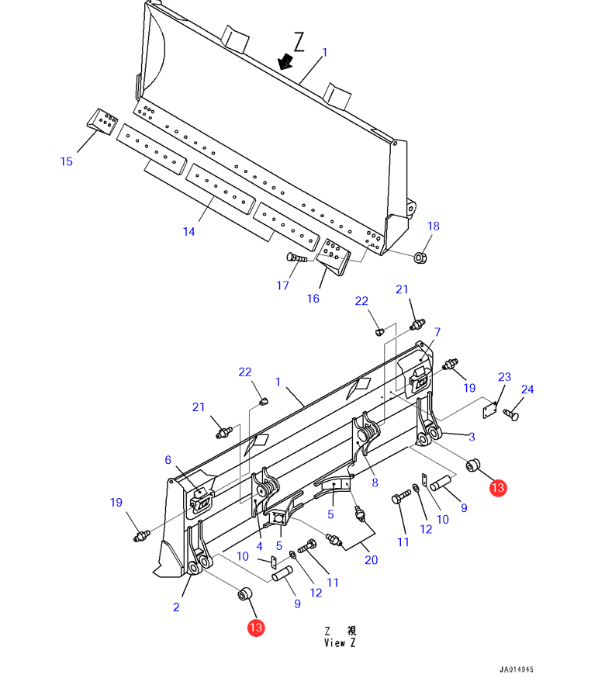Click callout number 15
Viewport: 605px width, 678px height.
click(x=67, y=161)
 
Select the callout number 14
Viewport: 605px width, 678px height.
click(x=189, y=231)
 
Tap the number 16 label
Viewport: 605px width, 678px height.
click(x=313, y=299)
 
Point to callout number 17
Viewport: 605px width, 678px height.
click(x=283, y=285)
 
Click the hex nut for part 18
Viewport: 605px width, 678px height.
click(x=420, y=257)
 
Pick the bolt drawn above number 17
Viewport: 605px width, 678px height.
click(x=296, y=258)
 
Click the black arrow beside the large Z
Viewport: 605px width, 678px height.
click(x=285, y=61)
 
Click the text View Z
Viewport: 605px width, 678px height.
click(x=341, y=642)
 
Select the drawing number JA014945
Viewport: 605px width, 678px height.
click(x=516, y=669)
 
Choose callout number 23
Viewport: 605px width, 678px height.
click(x=504, y=378)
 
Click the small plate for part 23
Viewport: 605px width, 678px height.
click(x=488, y=408)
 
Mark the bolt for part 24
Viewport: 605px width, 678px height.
click(x=511, y=414)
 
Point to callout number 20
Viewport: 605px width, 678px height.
click(x=372, y=559)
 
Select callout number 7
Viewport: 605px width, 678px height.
click(x=437, y=332)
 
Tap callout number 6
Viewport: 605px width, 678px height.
click(x=168, y=460)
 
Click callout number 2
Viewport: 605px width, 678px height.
click(x=176, y=607)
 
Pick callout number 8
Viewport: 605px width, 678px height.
click(x=375, y=483)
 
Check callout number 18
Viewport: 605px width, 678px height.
click(x=433, y=227)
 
